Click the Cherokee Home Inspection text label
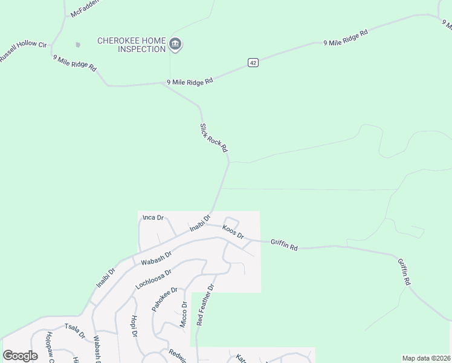click(132, 45)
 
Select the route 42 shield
click(253, 63)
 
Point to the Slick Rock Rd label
click(214, 138)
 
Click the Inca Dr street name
click(153, 217)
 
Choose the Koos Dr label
click(233, 232)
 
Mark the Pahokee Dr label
click(164, 299)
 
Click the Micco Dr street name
click(183, 316)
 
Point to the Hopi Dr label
click(134, 325)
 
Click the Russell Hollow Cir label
click(23, 52)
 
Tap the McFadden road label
click(84, 8)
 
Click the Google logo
click(20, 356)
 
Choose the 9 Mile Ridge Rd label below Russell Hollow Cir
click(75, 64)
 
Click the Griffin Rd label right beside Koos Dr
click(284, 244)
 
